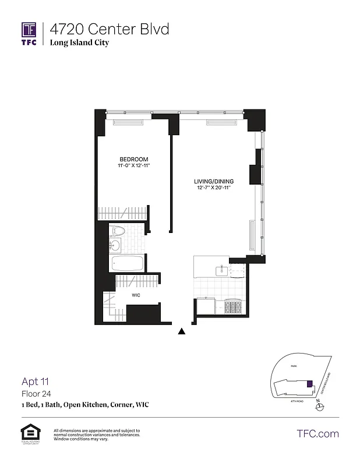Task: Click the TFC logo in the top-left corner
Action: click(x=29, y=33)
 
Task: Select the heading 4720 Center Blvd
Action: click(x=110, y=29)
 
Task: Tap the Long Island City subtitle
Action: click(x=79, y=43)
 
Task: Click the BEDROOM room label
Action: click(x=133, y=160)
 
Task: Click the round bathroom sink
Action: click(x=115, y=246)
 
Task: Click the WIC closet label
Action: click(x=136, y=295)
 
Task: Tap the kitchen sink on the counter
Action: click(x=222, y=270)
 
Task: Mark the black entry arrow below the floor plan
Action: click(x=182, y=332)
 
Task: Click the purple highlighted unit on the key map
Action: click(x=310, y=384)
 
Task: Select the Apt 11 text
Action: click(x=34, y=382)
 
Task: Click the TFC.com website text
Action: click(x=317, y=433)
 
